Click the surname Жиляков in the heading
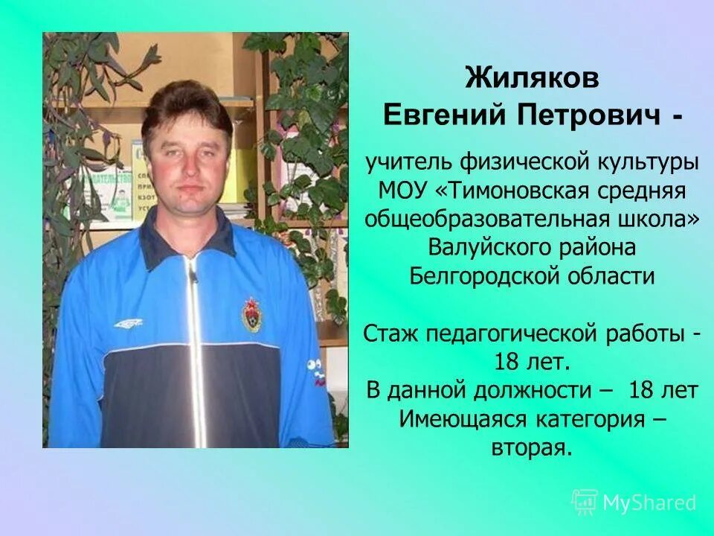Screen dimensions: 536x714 (532, 78)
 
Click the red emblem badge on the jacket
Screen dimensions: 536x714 (252, 313)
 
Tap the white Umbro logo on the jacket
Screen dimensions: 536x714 (128, 322)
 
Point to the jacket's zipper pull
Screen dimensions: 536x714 (193, 278)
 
